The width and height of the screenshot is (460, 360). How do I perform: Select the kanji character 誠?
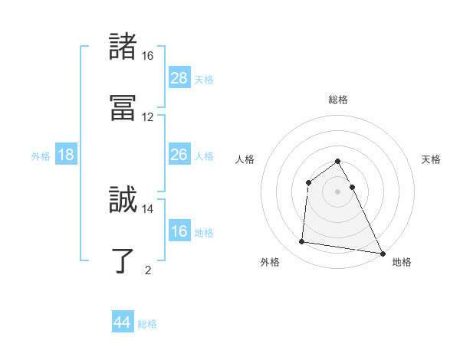tap(123, 199)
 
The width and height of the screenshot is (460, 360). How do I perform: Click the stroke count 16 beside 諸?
tap(148, 56)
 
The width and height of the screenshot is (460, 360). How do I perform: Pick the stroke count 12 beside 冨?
tap(148, 117)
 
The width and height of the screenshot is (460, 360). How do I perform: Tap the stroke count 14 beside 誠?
tap(148, 208)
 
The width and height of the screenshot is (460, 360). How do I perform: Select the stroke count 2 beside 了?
tap(148, 270)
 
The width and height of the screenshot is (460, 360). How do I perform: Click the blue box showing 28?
tap(179, 78)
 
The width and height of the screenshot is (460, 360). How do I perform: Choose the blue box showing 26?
tap(179, 155)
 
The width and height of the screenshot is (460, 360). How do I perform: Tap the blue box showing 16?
tap(179, 231)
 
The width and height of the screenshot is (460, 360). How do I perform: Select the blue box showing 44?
tap(123, 322)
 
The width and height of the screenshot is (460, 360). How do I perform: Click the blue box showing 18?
tap(66, 155)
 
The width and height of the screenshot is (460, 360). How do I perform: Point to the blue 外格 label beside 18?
tap(41, 156)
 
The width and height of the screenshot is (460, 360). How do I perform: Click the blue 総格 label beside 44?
tap(147, 324)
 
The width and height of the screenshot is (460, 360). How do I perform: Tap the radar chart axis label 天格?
tap(432, 159)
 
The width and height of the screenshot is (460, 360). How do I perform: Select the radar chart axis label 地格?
tap(402, 262)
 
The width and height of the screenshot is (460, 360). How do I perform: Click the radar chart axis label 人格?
tap(245, 159)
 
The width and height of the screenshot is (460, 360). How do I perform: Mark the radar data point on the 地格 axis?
tap(382, 254)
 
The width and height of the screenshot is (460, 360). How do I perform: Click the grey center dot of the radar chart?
tap(338, 191)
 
